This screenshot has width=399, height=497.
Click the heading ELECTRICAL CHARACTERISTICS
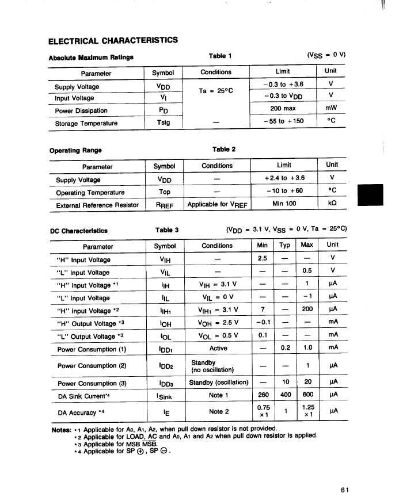click(113, 40)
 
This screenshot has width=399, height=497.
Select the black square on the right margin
click(370, 194)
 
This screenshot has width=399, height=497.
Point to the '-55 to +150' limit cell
click(283, 121)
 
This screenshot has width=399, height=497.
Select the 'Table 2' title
click(224, 149)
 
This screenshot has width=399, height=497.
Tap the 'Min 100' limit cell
click(284, 204)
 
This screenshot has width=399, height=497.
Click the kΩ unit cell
click(332, 204)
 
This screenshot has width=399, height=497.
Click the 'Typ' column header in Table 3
click(284, 245)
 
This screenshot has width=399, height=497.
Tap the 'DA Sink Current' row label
click(83, 396)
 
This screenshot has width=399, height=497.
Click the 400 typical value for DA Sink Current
click(284, 395)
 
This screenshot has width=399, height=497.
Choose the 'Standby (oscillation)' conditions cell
click(218, 383)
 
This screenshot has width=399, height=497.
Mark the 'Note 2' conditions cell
click(219, 411)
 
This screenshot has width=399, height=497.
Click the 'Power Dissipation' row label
click(81, 110)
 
